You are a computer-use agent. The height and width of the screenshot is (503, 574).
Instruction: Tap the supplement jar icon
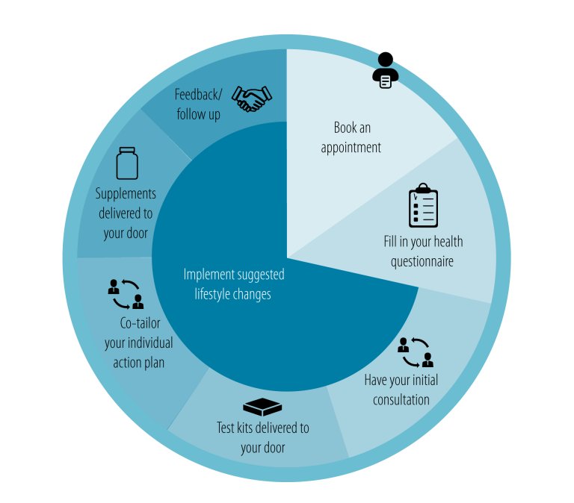[x=127, y=163]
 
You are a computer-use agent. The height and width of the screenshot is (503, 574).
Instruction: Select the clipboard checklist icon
[x=423, y=205]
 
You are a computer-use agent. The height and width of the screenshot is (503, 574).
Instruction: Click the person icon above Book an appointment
[x=385, y=70]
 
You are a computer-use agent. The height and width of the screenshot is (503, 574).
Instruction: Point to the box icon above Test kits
[x=262, y=407]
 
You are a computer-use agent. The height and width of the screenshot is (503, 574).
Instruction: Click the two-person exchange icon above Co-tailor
[x=125, y=294]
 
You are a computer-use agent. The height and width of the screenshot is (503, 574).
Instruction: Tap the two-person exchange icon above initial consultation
[x=415, y=352]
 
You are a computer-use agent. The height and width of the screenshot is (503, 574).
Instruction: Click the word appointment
[x=351, y=148]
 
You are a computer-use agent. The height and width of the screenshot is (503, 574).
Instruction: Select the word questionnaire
[x=422, y=261]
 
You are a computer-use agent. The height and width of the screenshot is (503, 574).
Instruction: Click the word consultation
[x=401, y=399]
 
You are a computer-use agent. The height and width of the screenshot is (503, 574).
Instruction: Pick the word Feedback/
[x=199, y=95]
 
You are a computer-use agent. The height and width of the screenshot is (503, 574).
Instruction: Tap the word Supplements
[x=126, y=194]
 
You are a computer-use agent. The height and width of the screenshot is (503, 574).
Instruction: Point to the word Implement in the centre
[x=209, y=275]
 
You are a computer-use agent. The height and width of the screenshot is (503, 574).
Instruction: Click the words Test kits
[x=238, y=428]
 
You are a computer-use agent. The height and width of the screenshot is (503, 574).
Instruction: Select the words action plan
[x=139, y=363]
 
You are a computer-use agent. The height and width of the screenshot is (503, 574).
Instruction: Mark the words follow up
[x=199, y=115]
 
